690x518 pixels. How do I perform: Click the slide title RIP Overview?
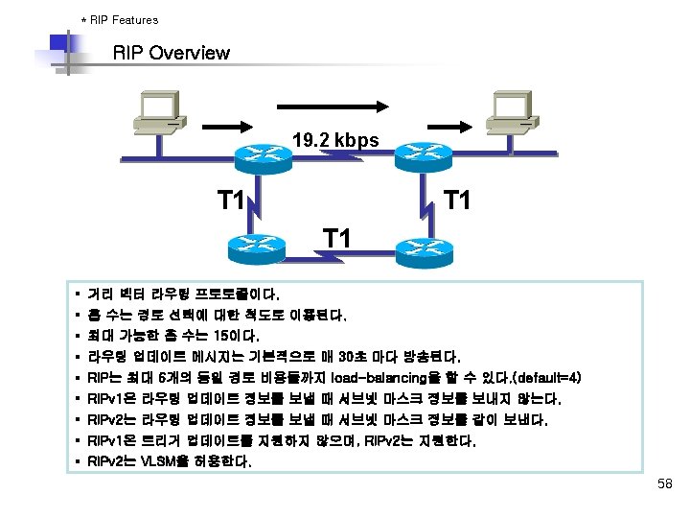[x=172, y=53]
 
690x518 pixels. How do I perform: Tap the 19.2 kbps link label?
[x=335, y=141]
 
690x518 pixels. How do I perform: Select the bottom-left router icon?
[x=257, y=247]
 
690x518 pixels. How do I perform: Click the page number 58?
[x=665, y=485]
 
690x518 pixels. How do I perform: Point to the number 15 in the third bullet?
[x=226, y=335]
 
